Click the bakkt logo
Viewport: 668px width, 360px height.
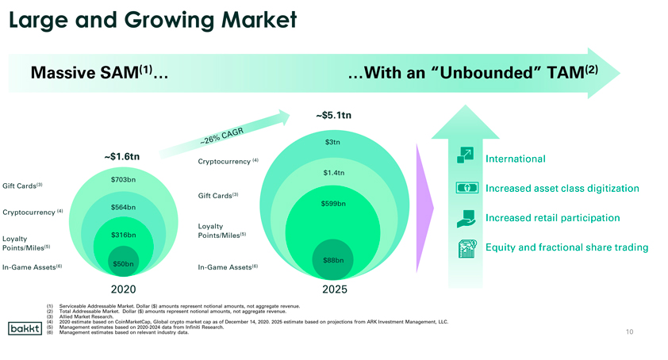(x=25, y=328)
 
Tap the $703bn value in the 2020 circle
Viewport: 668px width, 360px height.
(x=123, y=180)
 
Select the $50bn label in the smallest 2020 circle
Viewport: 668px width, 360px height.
(x=123, y=264)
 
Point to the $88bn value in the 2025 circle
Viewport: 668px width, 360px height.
(x=333, y=260)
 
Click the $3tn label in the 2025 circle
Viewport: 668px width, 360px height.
(x=332, y=142)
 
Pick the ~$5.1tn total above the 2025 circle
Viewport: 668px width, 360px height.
(x=333, y=115)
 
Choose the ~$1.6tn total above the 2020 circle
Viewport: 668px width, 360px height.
(x=122, y=156)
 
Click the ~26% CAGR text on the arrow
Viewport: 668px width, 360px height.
(x=221, y=136)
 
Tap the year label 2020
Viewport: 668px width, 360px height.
(x=123, y=289)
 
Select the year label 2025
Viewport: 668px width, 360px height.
(x=335, y=289)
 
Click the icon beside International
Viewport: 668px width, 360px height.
(x=465, y=155)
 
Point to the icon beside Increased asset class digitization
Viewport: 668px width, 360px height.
(x=467, y=187)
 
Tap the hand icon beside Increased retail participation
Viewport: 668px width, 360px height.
(x=466, y=219)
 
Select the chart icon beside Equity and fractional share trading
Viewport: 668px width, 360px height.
(x=467, y=249)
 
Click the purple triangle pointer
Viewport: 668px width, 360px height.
(x=424, y=209)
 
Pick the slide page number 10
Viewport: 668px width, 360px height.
(x=630, y=331)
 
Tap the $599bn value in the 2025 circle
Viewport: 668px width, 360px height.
(x=333, y=204)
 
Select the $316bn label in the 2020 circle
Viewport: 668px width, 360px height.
(x=123, y=235)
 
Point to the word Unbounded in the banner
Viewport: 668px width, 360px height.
(x=486, y=73)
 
